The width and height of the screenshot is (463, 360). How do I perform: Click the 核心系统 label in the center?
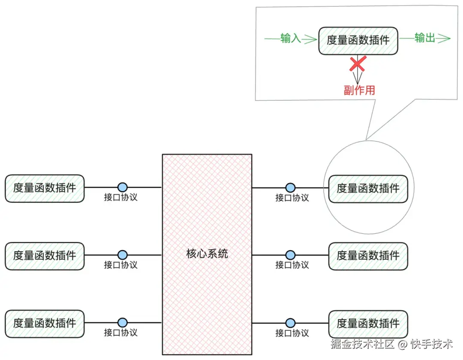tap(207, 254)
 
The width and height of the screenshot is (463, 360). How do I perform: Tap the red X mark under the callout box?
tap(358, 64)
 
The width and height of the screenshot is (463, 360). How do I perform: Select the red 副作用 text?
tap(359, 90)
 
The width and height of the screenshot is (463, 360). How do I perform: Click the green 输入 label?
tap(291, 39)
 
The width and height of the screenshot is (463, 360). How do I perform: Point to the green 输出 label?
tap(425, 38)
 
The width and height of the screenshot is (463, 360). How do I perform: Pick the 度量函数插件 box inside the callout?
tap(358, 40)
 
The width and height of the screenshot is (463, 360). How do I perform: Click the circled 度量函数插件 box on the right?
tap(368, 188)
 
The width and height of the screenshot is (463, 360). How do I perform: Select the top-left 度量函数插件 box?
tap(45, 188)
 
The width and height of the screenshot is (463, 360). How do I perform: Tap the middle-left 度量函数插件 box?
tap(45, 255)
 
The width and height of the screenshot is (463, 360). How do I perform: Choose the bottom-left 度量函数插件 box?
tap(45, 323)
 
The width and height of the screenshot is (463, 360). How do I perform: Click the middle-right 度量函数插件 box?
tap(368, 256)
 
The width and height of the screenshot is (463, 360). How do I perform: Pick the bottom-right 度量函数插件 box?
tap(368, 323)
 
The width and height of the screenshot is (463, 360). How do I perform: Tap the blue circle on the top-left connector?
tap(123, 187)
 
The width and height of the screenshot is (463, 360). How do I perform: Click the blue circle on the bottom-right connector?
tap(291, 323)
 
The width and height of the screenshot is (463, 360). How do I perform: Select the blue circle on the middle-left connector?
tap(123, 255)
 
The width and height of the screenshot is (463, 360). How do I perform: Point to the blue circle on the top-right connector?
tap(291, 187)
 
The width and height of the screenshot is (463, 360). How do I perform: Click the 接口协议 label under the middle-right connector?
tap(292, 265)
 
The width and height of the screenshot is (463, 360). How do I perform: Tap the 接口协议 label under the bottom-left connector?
tap(121, 332)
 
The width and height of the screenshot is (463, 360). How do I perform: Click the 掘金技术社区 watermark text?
tap(362, 344)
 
